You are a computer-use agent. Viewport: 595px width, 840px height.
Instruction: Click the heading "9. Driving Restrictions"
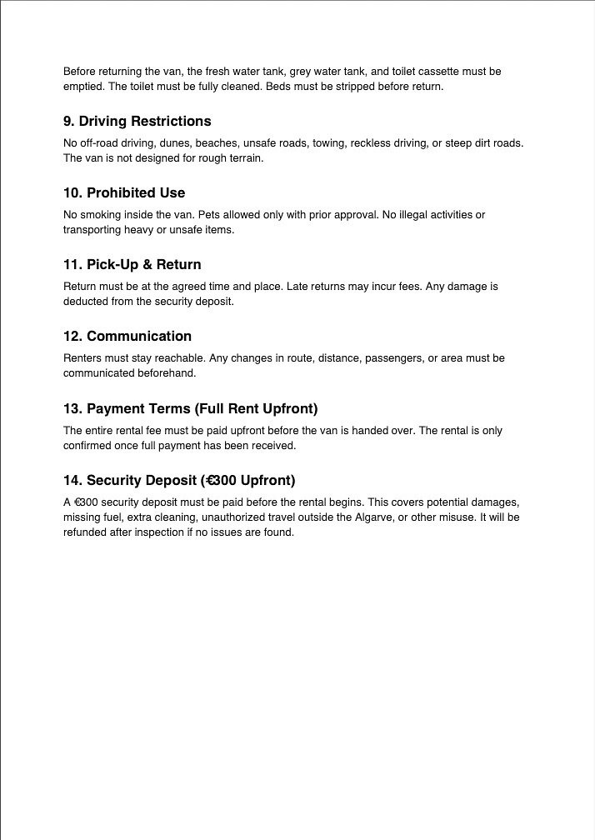(137, 122)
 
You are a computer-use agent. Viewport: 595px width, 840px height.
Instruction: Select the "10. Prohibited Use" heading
(124, 193)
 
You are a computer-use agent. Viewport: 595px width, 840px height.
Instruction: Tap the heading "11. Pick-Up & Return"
(132, 265)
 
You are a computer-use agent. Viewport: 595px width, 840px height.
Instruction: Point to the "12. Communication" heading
(127, 337)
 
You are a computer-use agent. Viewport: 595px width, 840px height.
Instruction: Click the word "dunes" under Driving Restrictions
(151, 143)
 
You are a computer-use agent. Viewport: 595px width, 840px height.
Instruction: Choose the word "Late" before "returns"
(299, 287)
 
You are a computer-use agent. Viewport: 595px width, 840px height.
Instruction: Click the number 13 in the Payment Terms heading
(71, 409)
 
